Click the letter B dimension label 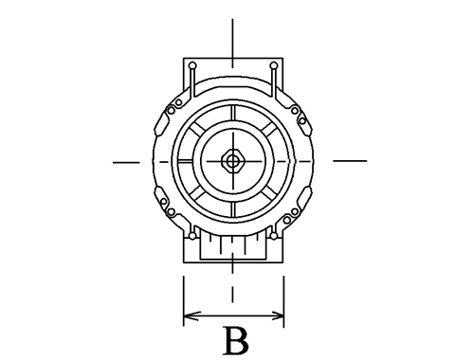pos(236,341)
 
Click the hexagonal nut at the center pos(233,161)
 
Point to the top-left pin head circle pos(192,66)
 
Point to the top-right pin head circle pos(274,65)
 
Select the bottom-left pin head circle pos(192,236)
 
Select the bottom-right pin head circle pos(274,236)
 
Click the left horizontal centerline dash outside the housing pos(126,163)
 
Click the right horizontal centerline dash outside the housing pos(350,161)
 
